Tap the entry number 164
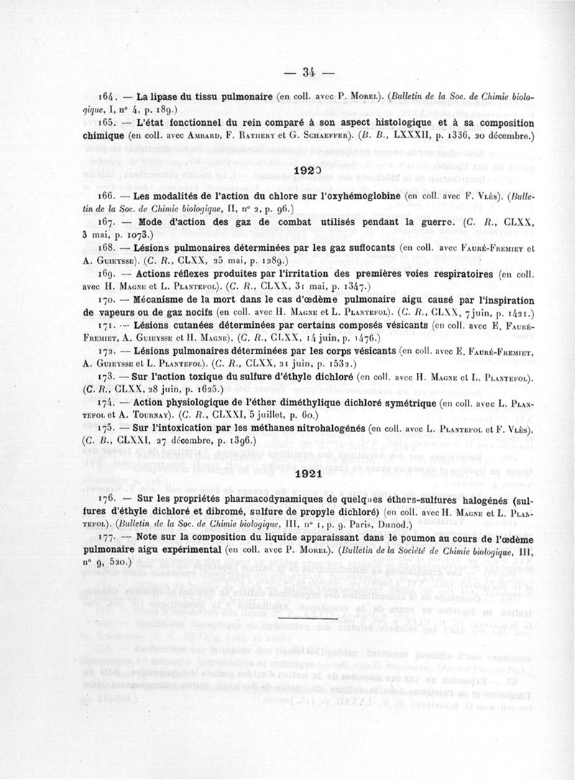(x=106, y=96)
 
